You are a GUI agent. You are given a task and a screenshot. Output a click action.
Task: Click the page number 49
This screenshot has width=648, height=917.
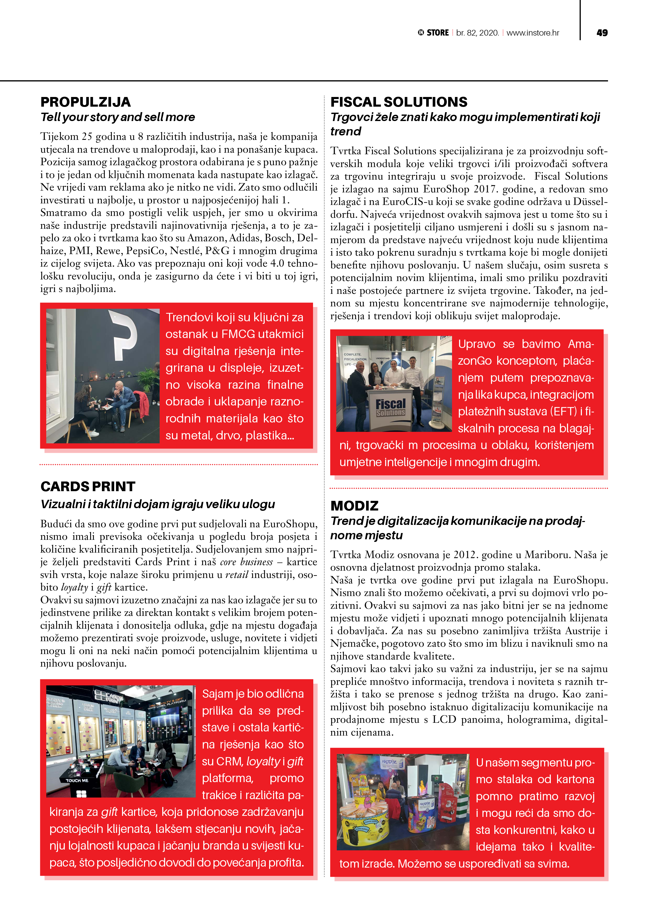(602, 33)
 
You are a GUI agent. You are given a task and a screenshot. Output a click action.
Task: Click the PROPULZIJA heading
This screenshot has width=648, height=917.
(85, 102)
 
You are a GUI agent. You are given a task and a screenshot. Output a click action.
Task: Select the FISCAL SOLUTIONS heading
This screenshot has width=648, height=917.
(398, 102)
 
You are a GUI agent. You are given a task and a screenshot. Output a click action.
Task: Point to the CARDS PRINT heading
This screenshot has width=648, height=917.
(88, 486)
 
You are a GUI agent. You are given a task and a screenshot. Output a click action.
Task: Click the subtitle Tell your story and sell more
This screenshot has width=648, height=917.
(118, 117)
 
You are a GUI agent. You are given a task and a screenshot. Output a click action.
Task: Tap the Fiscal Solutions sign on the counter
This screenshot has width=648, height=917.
(390, 407)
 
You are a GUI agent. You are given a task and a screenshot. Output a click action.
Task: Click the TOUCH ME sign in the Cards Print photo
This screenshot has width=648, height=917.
(77, 780)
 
